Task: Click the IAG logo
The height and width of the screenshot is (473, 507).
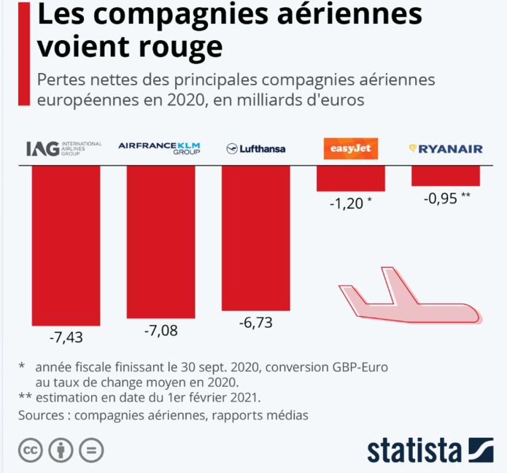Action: pyautogui.click(x=63, y=149)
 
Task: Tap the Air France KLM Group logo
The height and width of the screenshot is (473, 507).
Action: pyautogui.click(x=160, y=149)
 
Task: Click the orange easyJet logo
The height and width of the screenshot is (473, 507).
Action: pyautogui.click(x=350, y=149)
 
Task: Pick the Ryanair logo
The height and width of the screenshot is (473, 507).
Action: pyautogui.click(x=446, y=149)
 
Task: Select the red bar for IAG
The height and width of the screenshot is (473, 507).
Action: pyautogui.click(x=65, y=245)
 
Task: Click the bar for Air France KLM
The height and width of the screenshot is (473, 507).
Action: pyautogui.click(x=160, y=242)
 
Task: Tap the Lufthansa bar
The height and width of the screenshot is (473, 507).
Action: pyautogui.click(x=255, y=238)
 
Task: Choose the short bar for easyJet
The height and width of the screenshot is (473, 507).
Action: pyautogui.click(x=350, y=178)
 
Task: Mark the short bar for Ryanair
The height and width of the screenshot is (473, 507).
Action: pyautogui.click(x=446, y=176)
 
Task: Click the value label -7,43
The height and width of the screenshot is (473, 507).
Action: pyautogui.click(x=65, y=338)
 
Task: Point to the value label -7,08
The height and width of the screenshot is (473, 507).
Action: pyautogui.click(x=160, y=331)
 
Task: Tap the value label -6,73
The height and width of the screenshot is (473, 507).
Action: pyautogui.click(x=255, y=323)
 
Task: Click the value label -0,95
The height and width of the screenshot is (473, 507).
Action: pyautogui.click(x=442, y=198)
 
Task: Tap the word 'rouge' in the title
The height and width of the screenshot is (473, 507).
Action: pyautogui.click(x=182, y=45)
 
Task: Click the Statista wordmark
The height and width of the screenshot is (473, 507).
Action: pyautogui.click(x=414, y=449)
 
